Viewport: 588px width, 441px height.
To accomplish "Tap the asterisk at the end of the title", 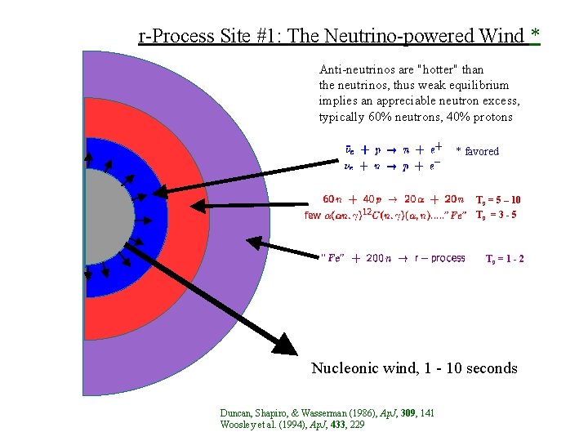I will coord(535,35).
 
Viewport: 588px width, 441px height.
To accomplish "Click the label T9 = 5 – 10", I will coord(498,199).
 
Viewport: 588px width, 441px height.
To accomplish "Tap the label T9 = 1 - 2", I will coord(505,259).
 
